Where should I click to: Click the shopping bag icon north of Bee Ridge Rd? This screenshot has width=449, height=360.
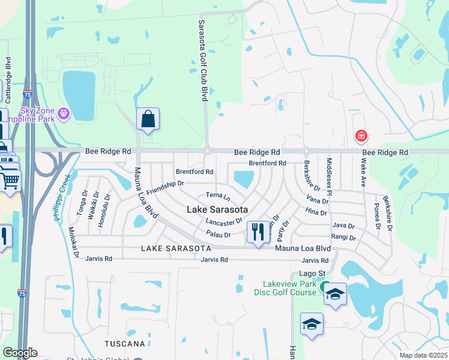[x=148, y=119]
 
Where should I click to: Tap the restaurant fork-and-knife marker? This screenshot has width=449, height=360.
[x=258, y=232]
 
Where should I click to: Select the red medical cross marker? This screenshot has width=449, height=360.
[x=361, y=136]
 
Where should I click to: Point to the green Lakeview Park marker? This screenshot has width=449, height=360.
[x=325, y=287]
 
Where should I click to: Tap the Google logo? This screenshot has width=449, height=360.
[x=20, y=353]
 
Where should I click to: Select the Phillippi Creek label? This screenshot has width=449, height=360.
[x=66, y=197]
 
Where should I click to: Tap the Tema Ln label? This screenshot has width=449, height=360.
[x=218, y=196]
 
